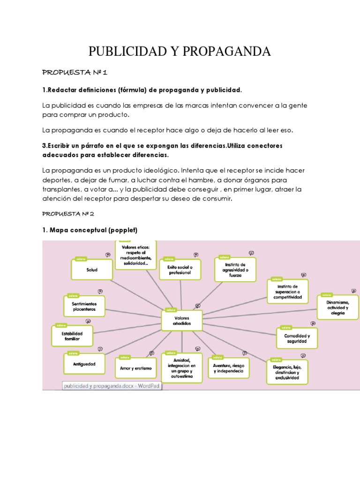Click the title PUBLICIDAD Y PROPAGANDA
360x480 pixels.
pos(180,52)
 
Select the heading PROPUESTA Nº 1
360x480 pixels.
pos(75,73)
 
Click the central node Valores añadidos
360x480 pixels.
pos(182,320)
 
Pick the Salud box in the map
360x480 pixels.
pos(92,270)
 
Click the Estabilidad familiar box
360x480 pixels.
pos(72,336)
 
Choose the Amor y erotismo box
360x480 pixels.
pos(136,368)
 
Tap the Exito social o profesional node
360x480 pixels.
pos(180,270)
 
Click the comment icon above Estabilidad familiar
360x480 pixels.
pos(88,322)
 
